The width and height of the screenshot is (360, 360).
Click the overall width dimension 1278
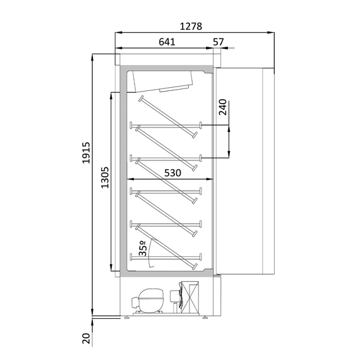click(191, 27)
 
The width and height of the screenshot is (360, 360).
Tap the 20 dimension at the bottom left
click(87, 339)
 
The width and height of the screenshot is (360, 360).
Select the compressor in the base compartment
click(150, 298)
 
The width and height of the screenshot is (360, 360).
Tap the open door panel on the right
click(246, 171)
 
